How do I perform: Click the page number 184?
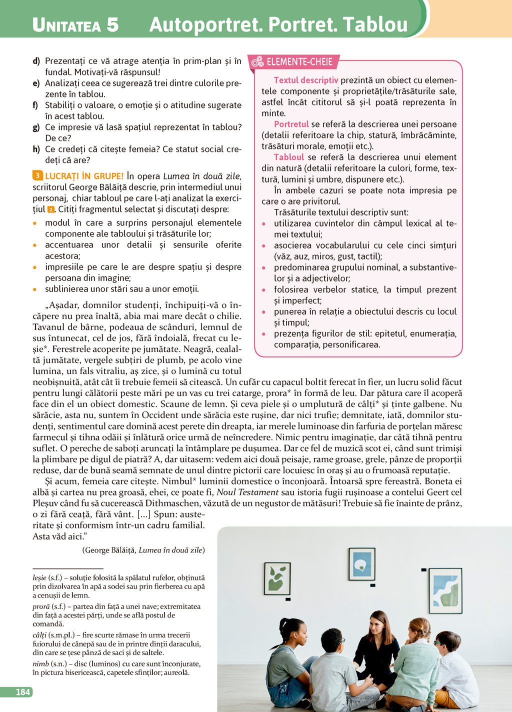click(23, 692)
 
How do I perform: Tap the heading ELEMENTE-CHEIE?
click(299, 62)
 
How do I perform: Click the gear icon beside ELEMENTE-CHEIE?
click(257, 62)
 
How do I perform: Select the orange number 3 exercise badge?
click(38, 175)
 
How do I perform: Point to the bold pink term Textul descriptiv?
click(306, 80)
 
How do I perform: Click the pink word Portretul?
click(291, 124)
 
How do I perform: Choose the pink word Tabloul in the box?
click(289, 157)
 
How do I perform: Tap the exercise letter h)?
click(36, 149)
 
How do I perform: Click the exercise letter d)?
click(36, 61)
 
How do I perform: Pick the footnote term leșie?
click(39, 577)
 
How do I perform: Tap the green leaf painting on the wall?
click(277, 578)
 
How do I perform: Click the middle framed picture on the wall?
click(361, 564)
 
